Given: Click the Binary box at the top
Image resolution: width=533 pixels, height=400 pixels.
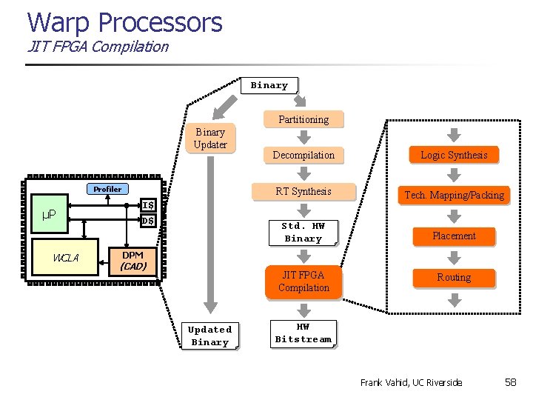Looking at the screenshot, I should (269, 85).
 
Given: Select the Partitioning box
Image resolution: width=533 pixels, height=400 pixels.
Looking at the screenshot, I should (304, 119).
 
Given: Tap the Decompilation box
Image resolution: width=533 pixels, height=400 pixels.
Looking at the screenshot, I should (304, 155).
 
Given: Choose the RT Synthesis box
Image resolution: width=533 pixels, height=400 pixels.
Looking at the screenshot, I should (304, 191).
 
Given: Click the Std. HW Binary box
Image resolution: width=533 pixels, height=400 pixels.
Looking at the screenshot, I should (304, 232).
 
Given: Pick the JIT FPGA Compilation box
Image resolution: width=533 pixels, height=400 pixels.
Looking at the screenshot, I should (304, 281).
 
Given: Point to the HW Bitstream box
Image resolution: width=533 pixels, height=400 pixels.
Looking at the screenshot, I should (304, 333).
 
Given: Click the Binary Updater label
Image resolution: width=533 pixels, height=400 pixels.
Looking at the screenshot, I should (210, 138).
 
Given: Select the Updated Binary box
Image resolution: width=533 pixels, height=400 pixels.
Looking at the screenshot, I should (209, 336).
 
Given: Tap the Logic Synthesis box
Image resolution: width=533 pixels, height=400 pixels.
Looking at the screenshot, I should (454, 155).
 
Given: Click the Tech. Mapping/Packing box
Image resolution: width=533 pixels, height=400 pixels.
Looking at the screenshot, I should (454, 196).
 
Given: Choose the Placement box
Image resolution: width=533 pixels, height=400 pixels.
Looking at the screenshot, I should (454, 236).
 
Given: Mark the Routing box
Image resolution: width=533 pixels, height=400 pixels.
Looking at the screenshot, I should (454, 277).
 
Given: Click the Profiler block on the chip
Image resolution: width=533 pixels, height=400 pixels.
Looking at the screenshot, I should (107, 189).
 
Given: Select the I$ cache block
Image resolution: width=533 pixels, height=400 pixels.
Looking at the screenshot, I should (148, 205).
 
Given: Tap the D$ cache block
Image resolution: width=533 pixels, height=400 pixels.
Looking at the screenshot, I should (148, 221).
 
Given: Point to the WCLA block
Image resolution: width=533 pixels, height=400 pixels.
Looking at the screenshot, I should (66, 258).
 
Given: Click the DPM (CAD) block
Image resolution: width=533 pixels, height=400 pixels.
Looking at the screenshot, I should (133, 260).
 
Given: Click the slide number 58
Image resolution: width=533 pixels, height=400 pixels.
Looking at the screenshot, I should (510, 382).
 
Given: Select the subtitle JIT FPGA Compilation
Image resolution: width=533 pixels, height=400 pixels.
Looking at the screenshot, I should (98, 46).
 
